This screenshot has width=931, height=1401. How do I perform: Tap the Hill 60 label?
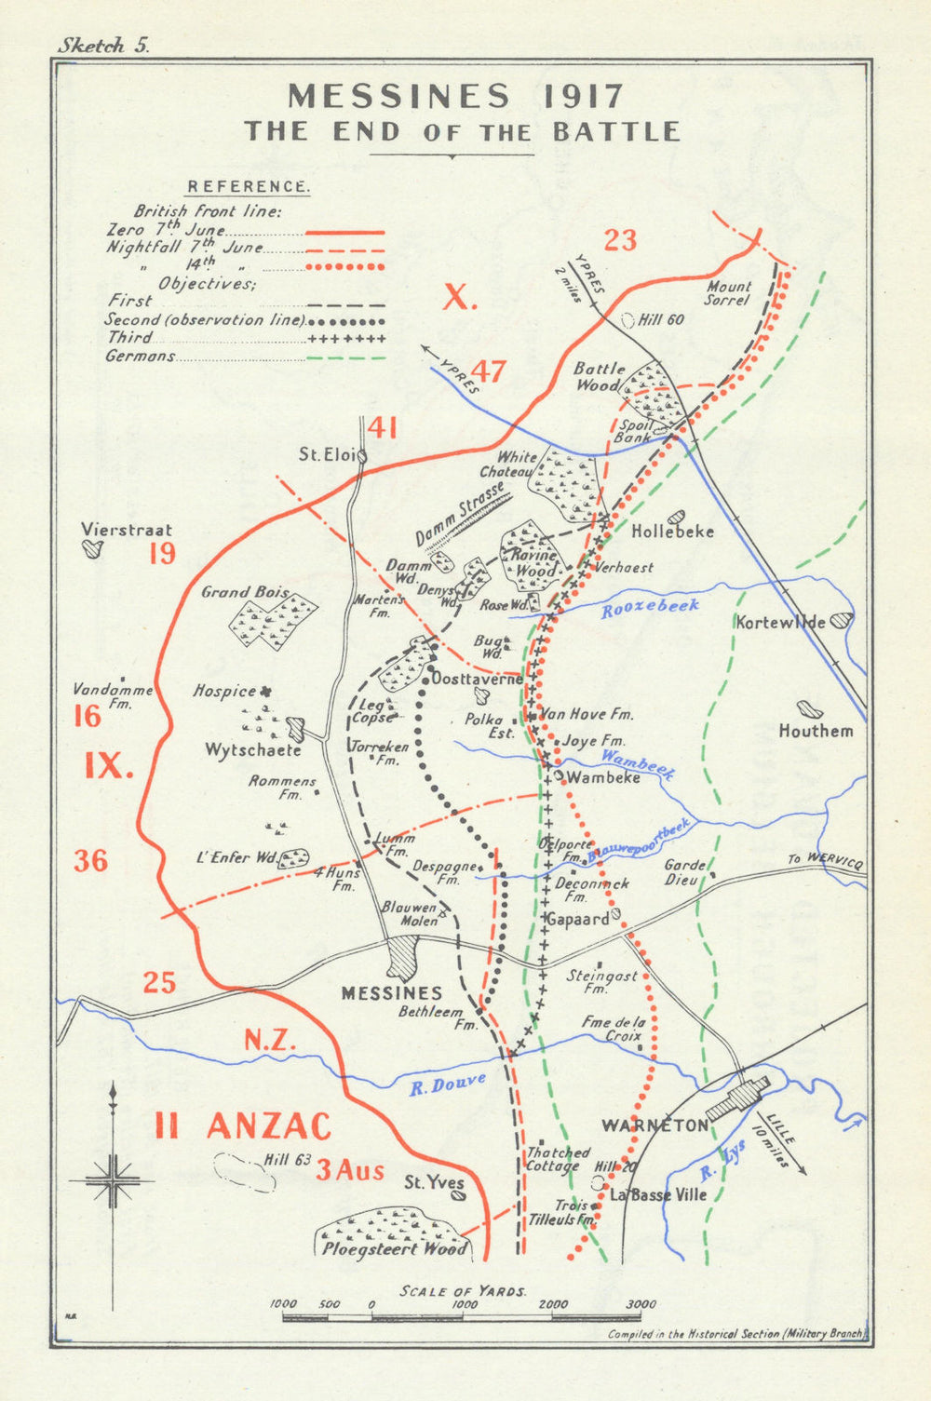point(661,319)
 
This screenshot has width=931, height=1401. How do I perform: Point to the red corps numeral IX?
point(110,765)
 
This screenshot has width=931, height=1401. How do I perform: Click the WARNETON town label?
point(655,1125)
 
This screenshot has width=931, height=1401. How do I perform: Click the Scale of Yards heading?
point(463,1291)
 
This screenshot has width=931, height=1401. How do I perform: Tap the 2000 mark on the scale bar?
point(553,1304)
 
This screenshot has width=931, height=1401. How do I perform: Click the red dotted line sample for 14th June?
point(345,266)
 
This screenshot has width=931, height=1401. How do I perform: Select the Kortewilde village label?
point(780,622)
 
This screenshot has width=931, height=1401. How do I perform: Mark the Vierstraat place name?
point(126,530)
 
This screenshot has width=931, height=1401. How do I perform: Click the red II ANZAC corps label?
point(243,1126)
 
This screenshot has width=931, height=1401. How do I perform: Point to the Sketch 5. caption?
point(102,46)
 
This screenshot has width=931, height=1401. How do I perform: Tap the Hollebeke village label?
point(672,532)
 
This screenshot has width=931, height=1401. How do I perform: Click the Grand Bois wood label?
point(239,592)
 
